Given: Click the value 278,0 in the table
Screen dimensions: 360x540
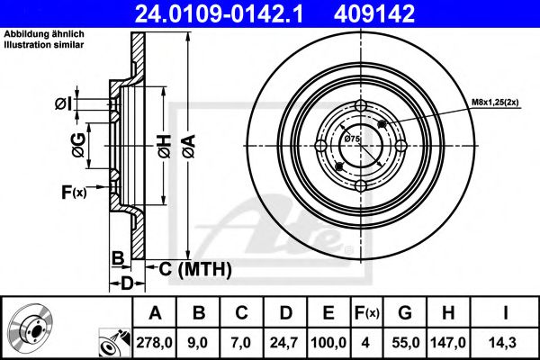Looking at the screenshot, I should pyautogui.click(x=154, y=342).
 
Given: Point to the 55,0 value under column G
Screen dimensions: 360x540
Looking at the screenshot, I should pyautogui.click(x=405, y=342).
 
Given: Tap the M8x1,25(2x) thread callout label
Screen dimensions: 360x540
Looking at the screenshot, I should pyautogui.click(x=497, y=103).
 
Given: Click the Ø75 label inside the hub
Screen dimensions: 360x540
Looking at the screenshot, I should pyautogui.click(x=352, y=139).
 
